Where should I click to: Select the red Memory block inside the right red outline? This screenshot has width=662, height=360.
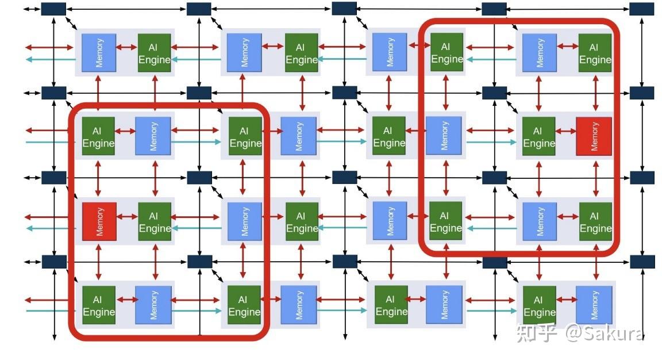pyautogui.click(x=594, y=136)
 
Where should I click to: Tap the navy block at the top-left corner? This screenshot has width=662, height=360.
pyautogui.click(x=53, y=9)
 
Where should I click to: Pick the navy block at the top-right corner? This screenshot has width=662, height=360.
pyautogui.click(x=642, y=9)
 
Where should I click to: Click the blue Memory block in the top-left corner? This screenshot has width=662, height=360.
pyautogui.click(x=99, y=53)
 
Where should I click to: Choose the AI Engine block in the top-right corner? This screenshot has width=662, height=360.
pyautogui.click(x=595, y=53)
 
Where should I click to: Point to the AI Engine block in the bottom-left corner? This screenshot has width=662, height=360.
pyautogui.click(x=99, y=305)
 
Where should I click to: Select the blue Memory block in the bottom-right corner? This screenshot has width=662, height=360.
pyautogui.click(x=594, y=305)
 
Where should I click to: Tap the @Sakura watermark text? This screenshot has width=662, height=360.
pyautogui.click(x=605, y=332)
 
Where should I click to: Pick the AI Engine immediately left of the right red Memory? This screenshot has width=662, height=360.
pyautogui.click(x=538, y=136)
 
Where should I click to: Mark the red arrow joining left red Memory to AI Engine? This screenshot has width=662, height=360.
pyautogui.click(x=128, y=217)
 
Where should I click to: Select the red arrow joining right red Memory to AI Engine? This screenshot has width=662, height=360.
pyautogui.click(x=565, y=131)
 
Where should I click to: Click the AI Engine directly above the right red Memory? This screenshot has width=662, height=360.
pyautogui.click(x=595, y=53)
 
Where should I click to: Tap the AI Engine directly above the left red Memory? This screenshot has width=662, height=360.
pyautogui.click(x=98, y=136)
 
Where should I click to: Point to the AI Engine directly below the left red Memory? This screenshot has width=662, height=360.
pyautogui.click(x=99, y=305)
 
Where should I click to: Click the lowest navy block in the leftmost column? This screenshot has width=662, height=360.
pyautogui.click(x=54, y=262)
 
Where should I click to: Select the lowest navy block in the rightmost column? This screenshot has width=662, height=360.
pyautogui.click(x=642, y=262)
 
